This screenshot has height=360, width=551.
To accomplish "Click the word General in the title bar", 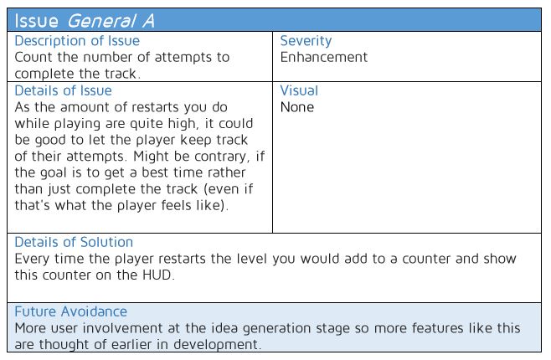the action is [101, 21].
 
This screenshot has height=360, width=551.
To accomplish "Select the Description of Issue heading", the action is [77, 41].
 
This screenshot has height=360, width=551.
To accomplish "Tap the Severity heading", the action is [306, 42].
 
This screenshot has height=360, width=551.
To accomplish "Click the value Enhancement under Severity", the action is [323, 57].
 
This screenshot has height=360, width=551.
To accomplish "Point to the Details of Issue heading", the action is [64, 91].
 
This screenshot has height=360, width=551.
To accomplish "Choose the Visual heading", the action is [299, 91].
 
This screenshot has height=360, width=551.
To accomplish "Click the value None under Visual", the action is [297, 107].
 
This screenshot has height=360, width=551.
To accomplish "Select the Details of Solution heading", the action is [74, 242].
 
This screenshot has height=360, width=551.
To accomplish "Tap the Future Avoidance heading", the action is [71, 312].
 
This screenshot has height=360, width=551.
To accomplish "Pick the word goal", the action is [52, 173].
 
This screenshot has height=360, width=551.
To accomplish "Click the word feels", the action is [177, 205].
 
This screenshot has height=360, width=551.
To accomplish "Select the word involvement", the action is [122, 328].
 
